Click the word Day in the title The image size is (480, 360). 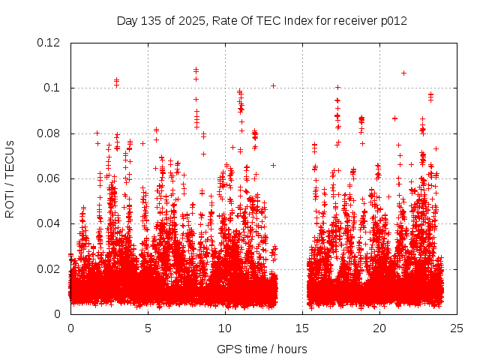click(127, 21)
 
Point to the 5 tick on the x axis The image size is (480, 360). click(148, 328)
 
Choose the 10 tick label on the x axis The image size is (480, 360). click(225, 328)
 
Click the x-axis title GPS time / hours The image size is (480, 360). click(262, 349)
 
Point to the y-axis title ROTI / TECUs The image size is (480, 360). click(10, 178)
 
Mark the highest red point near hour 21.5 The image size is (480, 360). click(403, 73)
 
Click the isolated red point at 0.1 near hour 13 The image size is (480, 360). click(273, 85)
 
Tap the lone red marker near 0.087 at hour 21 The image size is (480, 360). click(394, 118)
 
